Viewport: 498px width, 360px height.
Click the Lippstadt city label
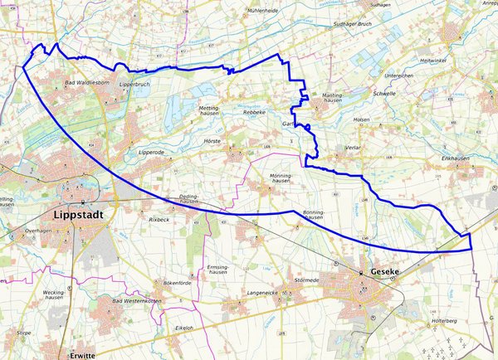[83, 214]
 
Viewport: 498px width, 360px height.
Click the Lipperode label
[152, 153]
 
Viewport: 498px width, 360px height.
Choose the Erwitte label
[82, 354]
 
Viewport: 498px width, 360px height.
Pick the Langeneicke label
[265, 293]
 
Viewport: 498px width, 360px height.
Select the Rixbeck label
[159, 220]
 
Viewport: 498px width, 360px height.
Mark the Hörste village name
[213, 142]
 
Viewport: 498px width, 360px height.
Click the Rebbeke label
[254, 112]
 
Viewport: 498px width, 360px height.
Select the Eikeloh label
[184, 328]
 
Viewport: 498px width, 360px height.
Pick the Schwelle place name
[384, 94]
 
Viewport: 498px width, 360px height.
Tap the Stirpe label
[24, 332]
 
